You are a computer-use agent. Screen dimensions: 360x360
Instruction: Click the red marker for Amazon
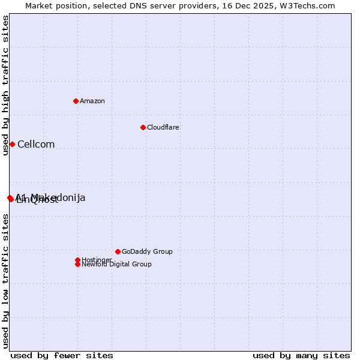point(76,101)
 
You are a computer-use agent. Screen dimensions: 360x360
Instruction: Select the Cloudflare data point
point(143,127)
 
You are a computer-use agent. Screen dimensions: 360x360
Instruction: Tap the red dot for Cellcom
point(12,144)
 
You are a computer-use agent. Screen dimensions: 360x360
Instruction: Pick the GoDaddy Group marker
point(118,251)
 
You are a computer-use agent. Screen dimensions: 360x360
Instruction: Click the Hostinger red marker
point(77,260)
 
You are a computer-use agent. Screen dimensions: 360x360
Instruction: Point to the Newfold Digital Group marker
point(77,264)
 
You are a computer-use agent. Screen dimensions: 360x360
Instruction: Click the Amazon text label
point(92,101)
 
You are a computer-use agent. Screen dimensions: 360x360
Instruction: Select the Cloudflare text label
point(163,127)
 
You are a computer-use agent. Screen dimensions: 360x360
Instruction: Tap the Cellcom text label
point(36,144)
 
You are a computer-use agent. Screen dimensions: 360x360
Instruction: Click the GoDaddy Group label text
point(147,251)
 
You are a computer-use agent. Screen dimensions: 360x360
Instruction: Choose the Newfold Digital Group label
point(116,264)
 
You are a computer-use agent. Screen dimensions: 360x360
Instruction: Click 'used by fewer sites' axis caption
point(62,355)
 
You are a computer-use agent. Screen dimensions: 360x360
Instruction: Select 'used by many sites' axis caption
point(301,355)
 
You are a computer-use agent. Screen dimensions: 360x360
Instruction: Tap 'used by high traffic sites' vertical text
point(5,85)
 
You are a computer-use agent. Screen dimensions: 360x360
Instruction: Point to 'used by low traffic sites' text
point(5,282)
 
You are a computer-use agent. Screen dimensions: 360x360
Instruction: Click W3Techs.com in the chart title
point(308,5)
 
